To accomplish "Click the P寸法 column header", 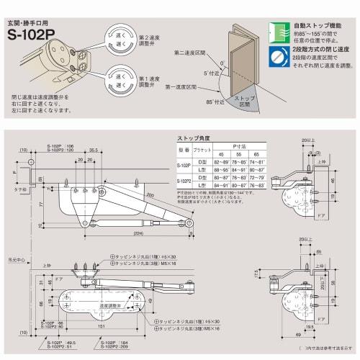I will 237,146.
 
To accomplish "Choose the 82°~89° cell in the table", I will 220,163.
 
